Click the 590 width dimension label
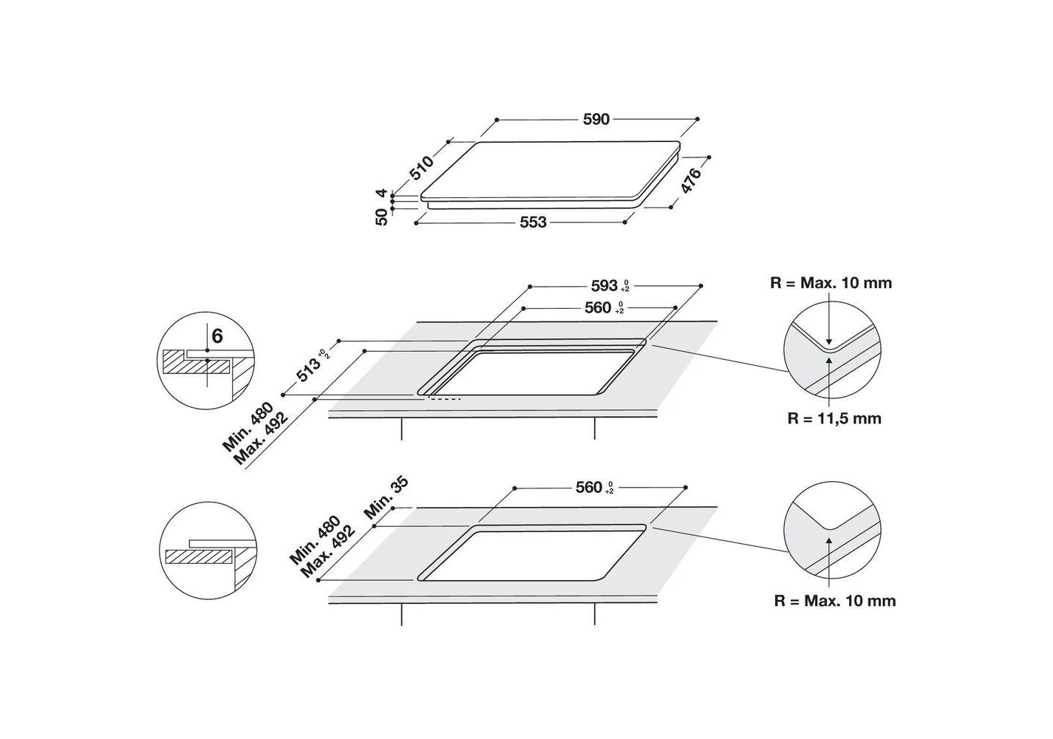[596, 120]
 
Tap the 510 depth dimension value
[422, 168]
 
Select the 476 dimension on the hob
[691, 180]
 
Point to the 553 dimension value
[533, 222]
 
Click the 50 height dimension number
[382, 217]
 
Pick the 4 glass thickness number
[381, 193]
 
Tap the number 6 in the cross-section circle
[217, 336]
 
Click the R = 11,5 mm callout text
[834, 418]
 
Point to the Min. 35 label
[386, 498]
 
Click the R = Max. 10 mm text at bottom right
[835, 601]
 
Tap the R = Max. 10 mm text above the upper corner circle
[831, 283]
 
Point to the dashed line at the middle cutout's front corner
[444, 399]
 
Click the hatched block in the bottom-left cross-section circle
[200, 556]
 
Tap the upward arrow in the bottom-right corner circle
[829, 562]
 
